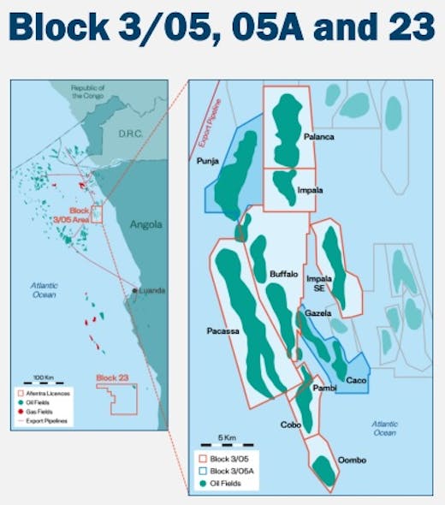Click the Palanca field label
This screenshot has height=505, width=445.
tap(318, 137)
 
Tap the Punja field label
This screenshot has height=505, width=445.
tap(208, 161)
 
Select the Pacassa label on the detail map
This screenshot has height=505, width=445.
tap(222, 330)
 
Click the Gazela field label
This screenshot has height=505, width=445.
tap(318, 315)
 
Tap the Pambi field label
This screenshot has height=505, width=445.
tap(324, 389)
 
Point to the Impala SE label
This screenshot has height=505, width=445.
tap(319, 284)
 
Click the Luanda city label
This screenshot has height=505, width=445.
tap(152, 290)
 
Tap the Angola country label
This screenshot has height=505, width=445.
tap(145, 226)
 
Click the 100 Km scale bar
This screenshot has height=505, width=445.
tap(43, 382)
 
